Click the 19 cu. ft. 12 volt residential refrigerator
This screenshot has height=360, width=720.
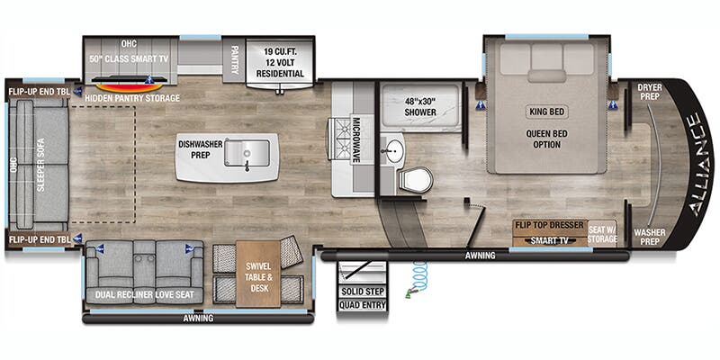pos(278,61)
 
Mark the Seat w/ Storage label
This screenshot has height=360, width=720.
pos(602,232)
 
